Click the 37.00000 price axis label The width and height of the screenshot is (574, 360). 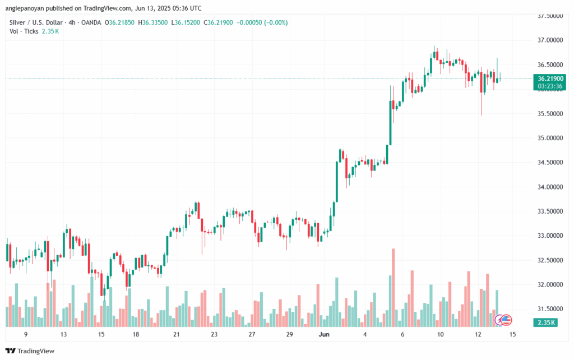[x=550, y=40]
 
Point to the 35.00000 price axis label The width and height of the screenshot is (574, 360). [x=550, y=138]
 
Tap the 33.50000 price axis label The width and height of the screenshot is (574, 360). [x=550, y=211]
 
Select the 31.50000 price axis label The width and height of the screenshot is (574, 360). [x=550, y=309]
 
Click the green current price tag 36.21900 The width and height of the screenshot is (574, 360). [x=550, y=79]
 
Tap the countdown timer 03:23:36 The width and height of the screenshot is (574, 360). [x=550, y=86]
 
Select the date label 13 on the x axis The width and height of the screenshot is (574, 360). [x=64, y=334]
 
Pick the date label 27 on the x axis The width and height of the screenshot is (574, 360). [x=252, y=334]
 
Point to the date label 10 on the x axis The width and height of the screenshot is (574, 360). [x=441, y=334]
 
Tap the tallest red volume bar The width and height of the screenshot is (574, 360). [x=394, y=286]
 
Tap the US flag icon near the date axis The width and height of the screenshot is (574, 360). [x=506, y=320]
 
